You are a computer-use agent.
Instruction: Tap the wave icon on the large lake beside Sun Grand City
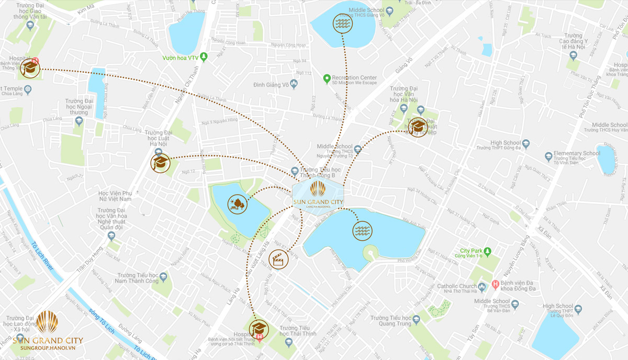[362, 230]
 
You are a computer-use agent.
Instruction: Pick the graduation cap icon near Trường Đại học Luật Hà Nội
[160, 163]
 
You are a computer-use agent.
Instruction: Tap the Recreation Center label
[354, 78]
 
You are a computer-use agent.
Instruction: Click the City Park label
[471, 251]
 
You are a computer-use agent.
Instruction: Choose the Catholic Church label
[456, 286]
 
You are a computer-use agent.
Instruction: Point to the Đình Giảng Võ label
[271, 85]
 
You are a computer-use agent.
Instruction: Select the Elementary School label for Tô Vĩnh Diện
[576, 153]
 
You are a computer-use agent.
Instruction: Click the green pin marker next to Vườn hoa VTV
[204, 57]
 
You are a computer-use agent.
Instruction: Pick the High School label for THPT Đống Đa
[506, 143]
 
